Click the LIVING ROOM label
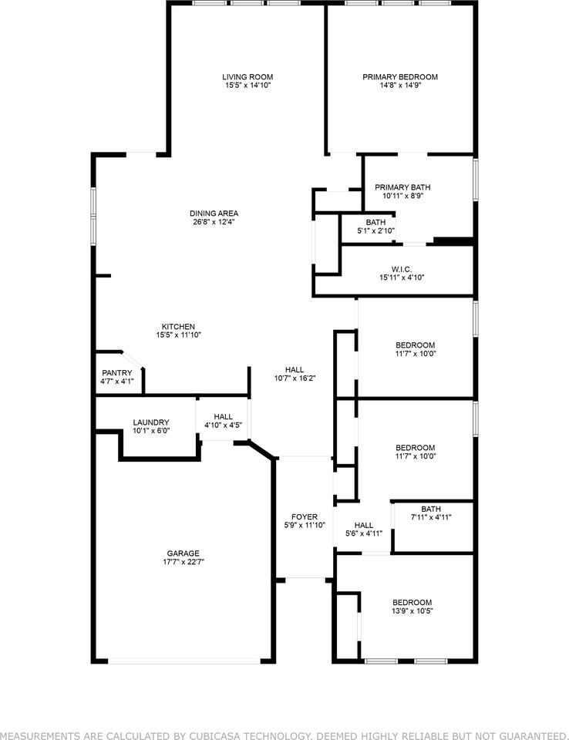coord(247,77)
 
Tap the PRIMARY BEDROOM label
coord(400,77)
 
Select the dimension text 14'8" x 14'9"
coord(400,86)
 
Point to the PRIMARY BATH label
coord(402,187)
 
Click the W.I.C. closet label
coord(402,269)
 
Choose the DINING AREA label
coord(214,214)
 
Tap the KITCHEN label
coord(178,326)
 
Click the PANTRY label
coord(116,372)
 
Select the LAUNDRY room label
coord(150,422)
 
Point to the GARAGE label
coord(183,553)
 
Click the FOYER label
coord(305,516)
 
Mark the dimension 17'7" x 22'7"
coord(183,562)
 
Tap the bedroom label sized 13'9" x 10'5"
coord(412,603)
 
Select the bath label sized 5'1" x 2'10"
coord(375,222)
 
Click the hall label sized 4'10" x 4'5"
coord(223,416)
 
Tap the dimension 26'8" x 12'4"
coord(214,222)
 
